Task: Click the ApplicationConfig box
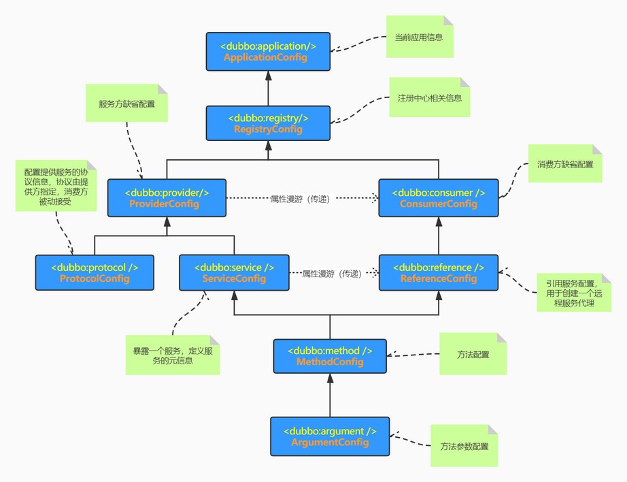268,52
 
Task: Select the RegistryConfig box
268,123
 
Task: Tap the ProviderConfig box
167,198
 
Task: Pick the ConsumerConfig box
439,198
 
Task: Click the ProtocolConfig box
95,272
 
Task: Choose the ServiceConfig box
234,272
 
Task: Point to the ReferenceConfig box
439,272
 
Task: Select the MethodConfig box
330,356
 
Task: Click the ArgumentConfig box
330,436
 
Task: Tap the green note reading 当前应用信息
420,37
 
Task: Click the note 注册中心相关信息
430,97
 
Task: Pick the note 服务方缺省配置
126,103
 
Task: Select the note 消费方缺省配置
565,164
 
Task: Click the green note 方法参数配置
464,445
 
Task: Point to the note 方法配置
473,354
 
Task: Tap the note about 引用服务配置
574,293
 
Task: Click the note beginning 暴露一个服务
173,355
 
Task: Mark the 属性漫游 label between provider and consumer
301,199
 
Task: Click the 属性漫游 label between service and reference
333,274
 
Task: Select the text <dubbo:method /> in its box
330,351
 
